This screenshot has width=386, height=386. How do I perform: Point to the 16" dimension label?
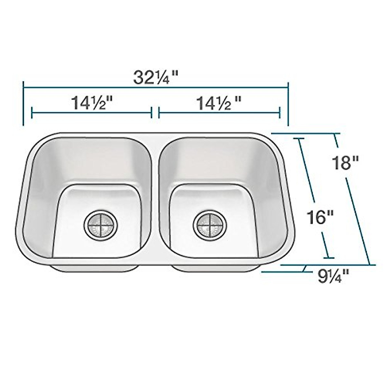318,217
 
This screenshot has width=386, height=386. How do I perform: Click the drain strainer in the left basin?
101,224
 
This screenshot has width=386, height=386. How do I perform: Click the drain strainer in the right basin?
210,224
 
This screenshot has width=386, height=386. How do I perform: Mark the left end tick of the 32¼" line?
23,103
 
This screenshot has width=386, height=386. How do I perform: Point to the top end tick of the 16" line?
299,139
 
